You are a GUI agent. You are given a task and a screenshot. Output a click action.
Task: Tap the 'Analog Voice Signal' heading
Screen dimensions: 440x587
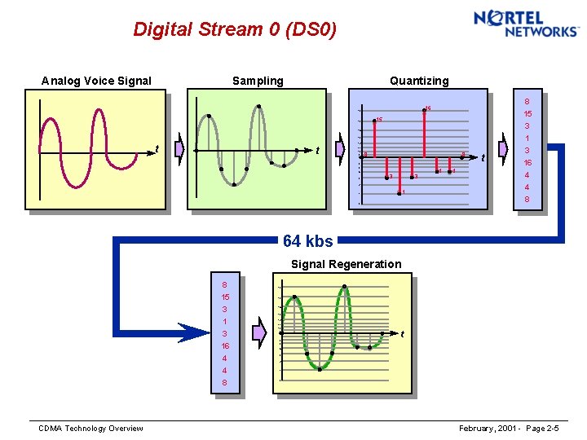click(x=96, y=81)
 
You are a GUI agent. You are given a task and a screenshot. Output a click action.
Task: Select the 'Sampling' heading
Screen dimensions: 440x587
click(x=258, y=81)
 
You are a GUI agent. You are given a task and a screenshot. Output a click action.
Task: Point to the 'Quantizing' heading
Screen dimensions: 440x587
click(x=418, y=81)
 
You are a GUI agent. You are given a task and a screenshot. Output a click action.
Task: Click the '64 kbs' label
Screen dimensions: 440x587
click(x=307, y=241)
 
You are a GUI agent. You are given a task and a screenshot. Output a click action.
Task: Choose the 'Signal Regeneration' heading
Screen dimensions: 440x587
click(x=346, y=264)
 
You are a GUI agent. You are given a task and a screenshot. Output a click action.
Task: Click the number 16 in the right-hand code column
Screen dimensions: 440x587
click(x=527, y=163)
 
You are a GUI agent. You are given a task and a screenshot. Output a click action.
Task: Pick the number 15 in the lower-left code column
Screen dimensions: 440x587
click(x=224, y=297)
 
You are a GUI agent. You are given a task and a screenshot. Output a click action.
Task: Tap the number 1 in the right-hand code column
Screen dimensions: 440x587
click(x=527, y=139)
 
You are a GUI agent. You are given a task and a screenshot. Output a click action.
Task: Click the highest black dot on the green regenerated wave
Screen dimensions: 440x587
click(x=345, y=287)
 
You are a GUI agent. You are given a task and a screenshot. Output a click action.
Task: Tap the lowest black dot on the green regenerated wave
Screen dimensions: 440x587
click(x=320, y=368)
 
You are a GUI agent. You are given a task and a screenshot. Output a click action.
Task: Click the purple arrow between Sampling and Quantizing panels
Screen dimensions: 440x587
click(x=340, y=151)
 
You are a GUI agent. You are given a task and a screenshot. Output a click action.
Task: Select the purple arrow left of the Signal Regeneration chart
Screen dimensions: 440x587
click(x=260, y=332)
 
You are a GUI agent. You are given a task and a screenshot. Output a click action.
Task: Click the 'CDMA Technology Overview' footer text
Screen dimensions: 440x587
click(x=91, y=429)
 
